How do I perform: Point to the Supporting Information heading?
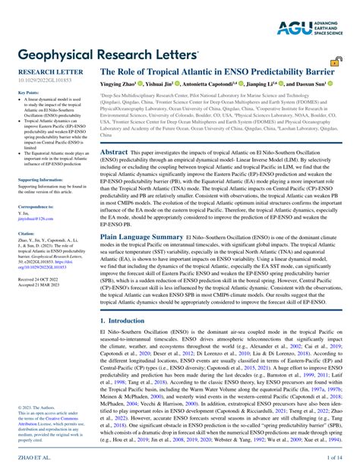pos(39,180)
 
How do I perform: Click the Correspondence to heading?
pos(35,206)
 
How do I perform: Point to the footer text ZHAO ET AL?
pos(30,458)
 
